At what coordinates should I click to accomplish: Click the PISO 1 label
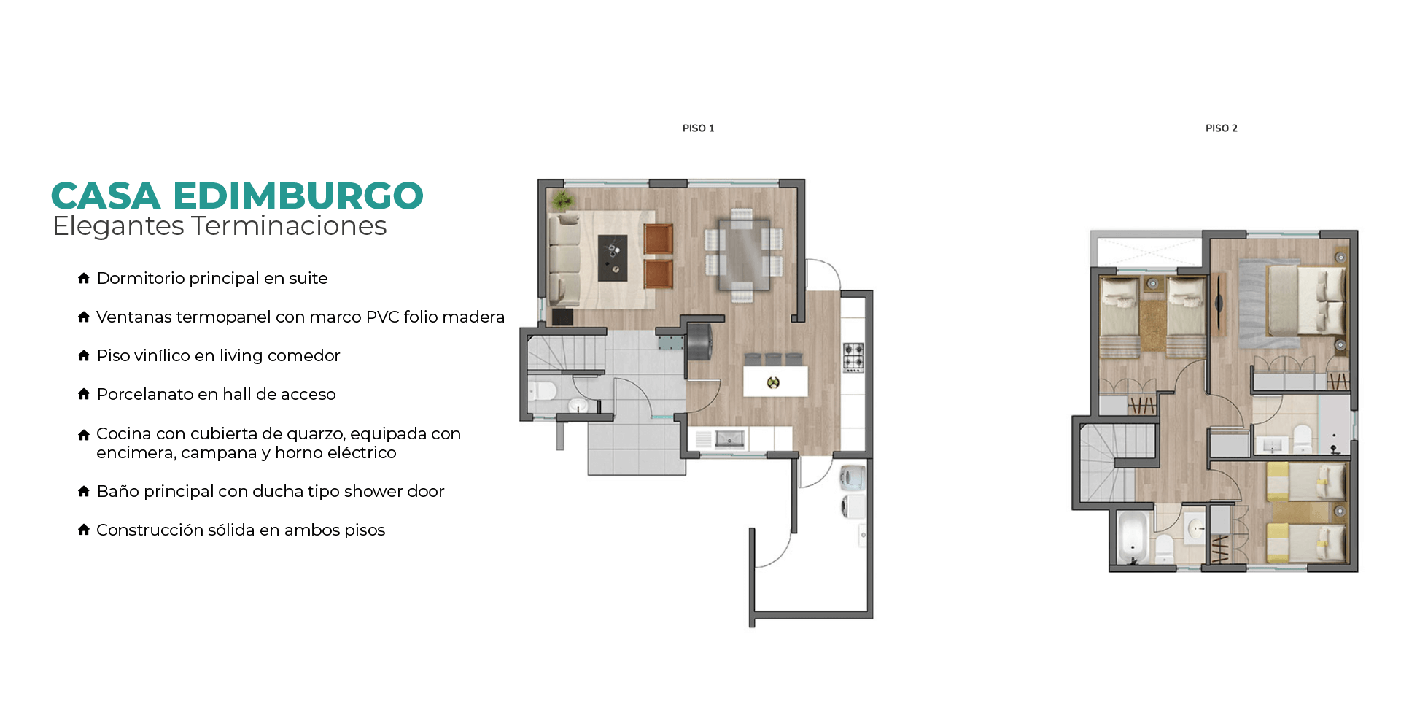tap(698, 128)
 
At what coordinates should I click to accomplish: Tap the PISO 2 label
tap(1221, 128)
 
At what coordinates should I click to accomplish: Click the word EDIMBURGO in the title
tap(298, 196)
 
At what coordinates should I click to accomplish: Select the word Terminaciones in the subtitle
tap(289, 226)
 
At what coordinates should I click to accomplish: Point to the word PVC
tap(382, 317)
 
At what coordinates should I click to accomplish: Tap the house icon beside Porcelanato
tap(84, 394)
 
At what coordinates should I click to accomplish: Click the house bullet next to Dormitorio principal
tap(84, 278)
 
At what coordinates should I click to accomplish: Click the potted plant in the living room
tap(563, 199)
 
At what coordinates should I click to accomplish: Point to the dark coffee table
tap(613, 258)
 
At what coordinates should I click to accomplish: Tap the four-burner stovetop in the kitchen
tap(854, 358)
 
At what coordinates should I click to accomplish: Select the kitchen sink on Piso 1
tap(729, 439)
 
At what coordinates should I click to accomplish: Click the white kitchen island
tap(775, 381)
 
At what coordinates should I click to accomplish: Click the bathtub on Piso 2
tap(1132, 538)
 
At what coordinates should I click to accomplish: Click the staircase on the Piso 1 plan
tap(566, 352)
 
